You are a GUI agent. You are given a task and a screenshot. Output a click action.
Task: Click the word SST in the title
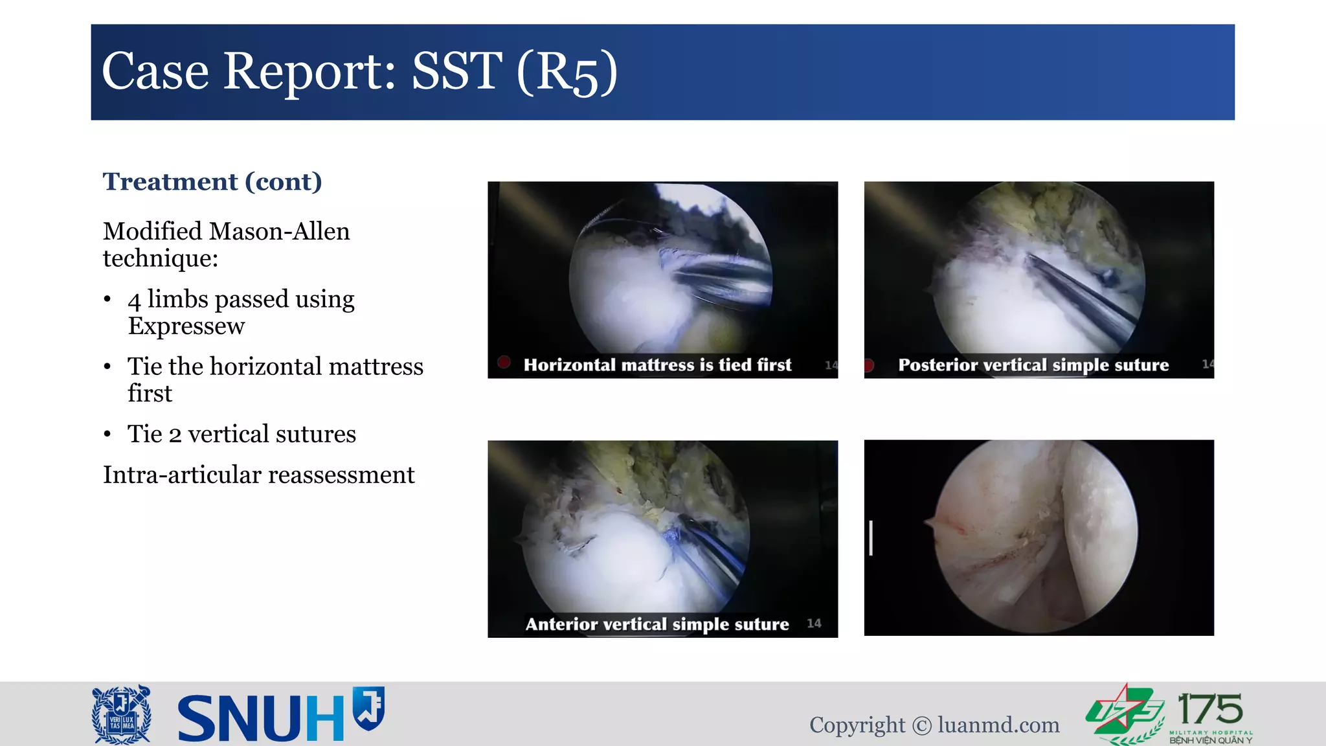coord(456,71)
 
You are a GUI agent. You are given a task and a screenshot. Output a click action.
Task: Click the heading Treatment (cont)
coord(212,182)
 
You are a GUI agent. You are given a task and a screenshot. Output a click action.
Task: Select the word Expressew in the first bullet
coord(186,326)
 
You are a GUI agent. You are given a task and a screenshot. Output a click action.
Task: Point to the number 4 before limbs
coord(134,300)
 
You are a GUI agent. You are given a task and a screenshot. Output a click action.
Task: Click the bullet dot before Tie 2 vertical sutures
coord(107,435)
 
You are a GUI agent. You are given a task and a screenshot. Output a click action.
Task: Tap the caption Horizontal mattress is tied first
coord(657,365)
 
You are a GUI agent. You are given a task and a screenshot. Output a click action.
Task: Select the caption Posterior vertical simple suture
coord(1033,365)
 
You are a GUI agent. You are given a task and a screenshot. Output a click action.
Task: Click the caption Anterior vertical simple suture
coord(657,624)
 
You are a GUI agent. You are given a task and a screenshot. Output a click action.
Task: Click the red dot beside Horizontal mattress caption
coord(504,362)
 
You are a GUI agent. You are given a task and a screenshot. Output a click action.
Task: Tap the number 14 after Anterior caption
coord(814,623)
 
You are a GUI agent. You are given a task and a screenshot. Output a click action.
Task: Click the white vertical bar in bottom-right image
coord(871,537)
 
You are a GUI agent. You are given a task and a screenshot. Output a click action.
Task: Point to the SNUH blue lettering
coord(260,718)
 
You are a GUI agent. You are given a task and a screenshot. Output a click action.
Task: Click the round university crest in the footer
coord(122,714)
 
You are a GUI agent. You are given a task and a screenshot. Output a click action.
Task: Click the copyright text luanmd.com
coord(998,725)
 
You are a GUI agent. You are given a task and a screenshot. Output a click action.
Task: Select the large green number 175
coord(1209,709)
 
